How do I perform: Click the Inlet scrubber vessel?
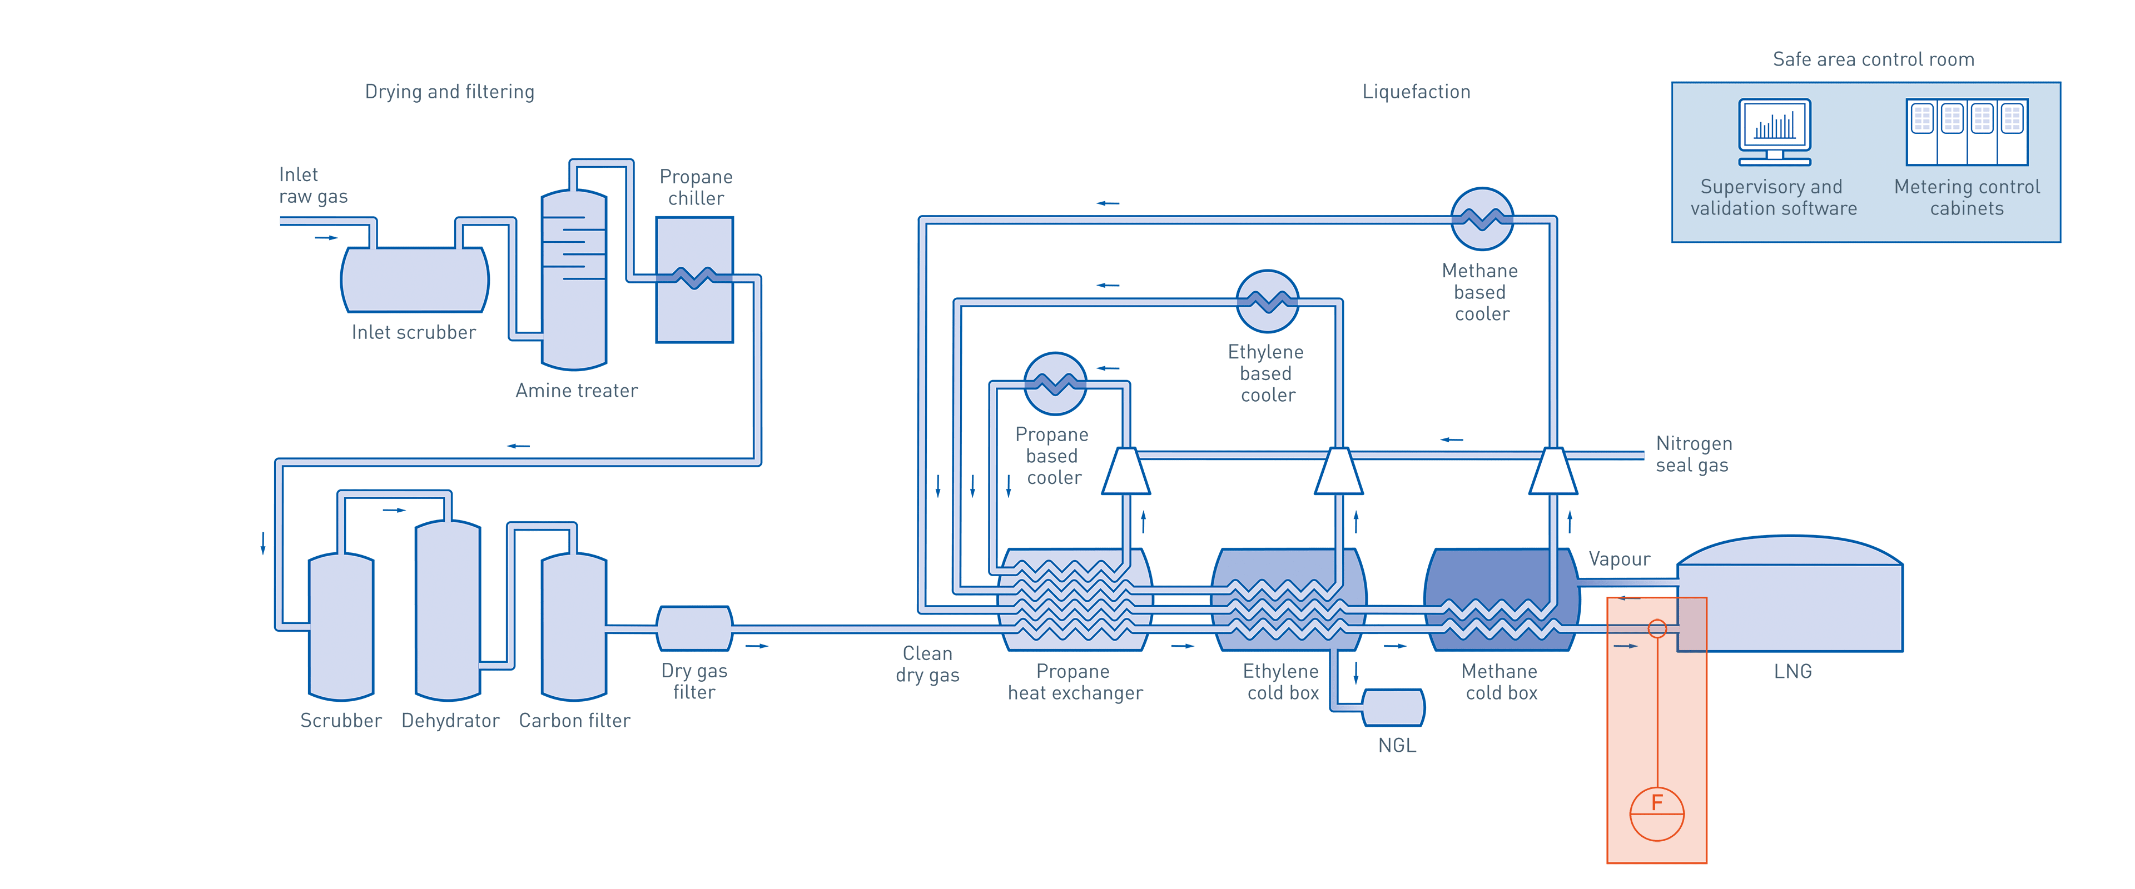click(x=414, y=280)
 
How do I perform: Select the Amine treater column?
click(x=574, y=282)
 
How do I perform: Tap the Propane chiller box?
click(x=694, y=280)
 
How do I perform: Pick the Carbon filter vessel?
click(x=574, y=628)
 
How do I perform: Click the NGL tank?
click(x=1393, y=707)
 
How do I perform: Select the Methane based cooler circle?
click(x=1482, y=219)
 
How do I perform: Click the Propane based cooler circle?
click(x=1055, y=383)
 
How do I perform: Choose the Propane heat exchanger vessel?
click(x=1075, y=600)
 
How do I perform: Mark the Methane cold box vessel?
click(x=1501, y=600)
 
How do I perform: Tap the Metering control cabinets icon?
click(x=1967, y=132)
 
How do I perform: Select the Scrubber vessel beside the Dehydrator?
click(x=341, y=628)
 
